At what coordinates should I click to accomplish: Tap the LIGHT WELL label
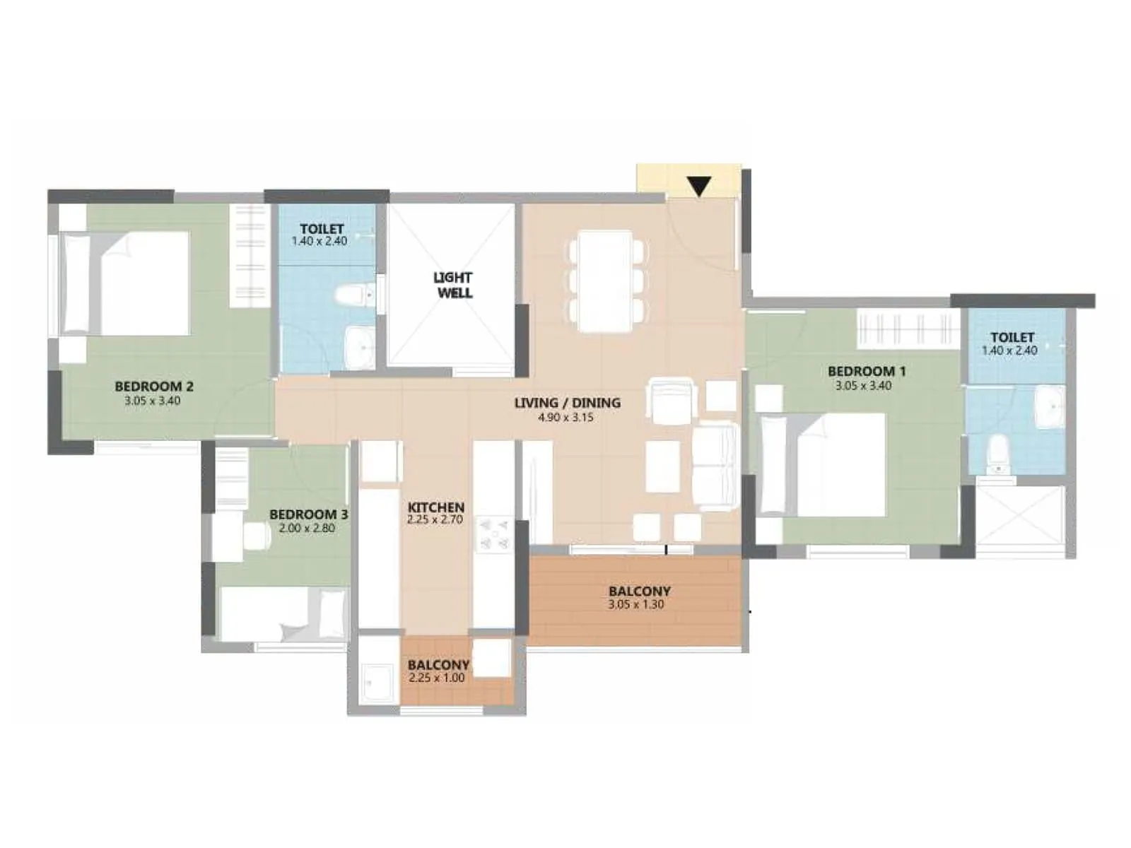pos(453,285)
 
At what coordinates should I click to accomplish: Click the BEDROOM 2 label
pos(153,387)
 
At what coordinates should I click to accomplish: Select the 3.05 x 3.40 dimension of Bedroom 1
pos(863,386)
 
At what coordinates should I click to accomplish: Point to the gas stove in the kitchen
pos(493,534)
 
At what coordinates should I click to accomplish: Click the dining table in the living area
pos(606,281)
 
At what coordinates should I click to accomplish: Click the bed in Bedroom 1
pos(824,464)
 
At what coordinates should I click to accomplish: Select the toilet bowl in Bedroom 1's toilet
pos(997,454)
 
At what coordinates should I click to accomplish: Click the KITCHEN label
pos(436,507)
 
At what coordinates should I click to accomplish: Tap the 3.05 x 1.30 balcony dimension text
pos(635,605)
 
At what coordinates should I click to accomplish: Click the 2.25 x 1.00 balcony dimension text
pos(436,678)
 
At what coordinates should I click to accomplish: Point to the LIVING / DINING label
pos(567,403)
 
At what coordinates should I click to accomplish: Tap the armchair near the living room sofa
pos(672,401)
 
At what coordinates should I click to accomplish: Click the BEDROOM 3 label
pos(308,514)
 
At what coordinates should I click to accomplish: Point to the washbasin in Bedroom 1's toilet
pos(1050,406)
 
